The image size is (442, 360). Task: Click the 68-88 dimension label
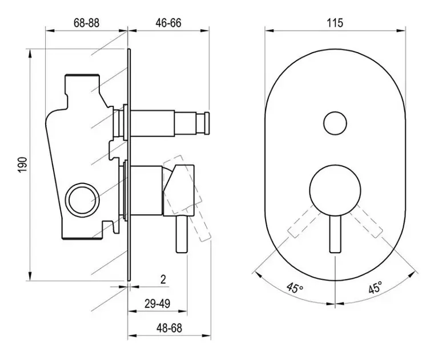(87, 23)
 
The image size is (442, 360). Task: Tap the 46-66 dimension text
(168, 23)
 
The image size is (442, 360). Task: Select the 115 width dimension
(335, 23)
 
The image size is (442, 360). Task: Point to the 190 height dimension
(23, 165)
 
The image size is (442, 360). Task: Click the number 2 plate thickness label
(163, 279)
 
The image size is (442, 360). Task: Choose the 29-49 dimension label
(157, 303)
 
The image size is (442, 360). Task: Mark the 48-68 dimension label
(169, 328)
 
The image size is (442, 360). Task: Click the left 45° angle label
(295, 288)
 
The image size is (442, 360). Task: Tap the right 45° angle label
(375, 288)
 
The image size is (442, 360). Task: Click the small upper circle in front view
(335, 123)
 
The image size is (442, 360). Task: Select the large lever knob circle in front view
(335, 190)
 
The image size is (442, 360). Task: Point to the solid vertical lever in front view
(335, 234)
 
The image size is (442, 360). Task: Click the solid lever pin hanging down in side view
(182, 234)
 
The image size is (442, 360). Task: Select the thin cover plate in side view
(128, 165)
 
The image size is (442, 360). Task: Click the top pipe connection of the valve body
(82, 75)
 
